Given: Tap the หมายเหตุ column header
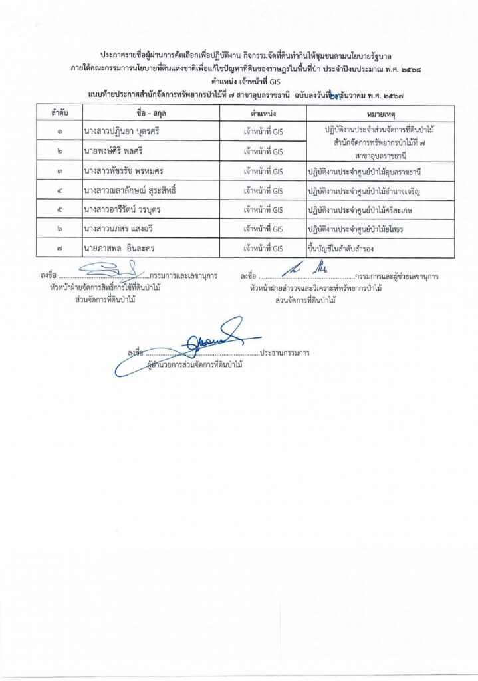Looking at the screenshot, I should (380, 112).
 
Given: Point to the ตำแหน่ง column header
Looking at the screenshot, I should (263, 112).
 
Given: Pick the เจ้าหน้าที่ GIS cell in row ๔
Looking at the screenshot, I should (263, 191).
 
